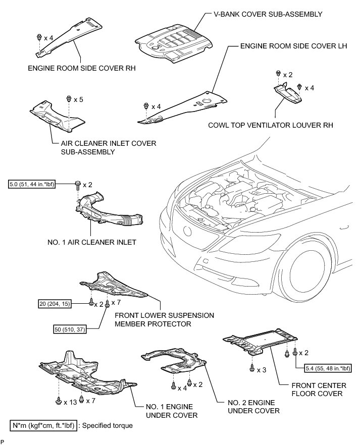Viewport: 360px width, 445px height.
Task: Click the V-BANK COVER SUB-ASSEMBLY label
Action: pyautogui.click(x=264, y=15)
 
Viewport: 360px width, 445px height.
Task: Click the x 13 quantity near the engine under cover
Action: pyautogui.click(x=70, y=402)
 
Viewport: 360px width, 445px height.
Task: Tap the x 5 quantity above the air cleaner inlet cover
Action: pyautogui.click(x=78, y=99)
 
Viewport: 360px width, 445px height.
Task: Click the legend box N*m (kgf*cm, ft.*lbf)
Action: pyautogui.click(x=43, y=425)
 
